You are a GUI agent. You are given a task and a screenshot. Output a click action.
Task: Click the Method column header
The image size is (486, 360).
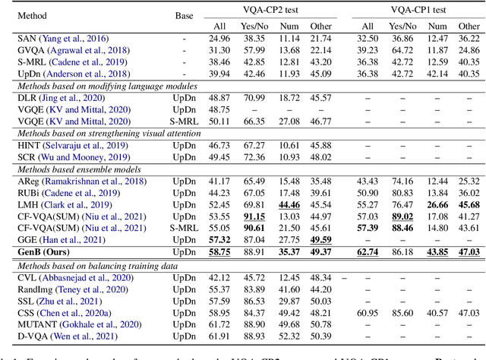pyautogui.click(x=31, y=14)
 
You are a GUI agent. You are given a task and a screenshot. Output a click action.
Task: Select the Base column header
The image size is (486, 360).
pyautogui.click(x=184, y=14)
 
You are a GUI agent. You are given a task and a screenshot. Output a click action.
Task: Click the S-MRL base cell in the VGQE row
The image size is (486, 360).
pyautogui.click(x=184, y=120)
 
